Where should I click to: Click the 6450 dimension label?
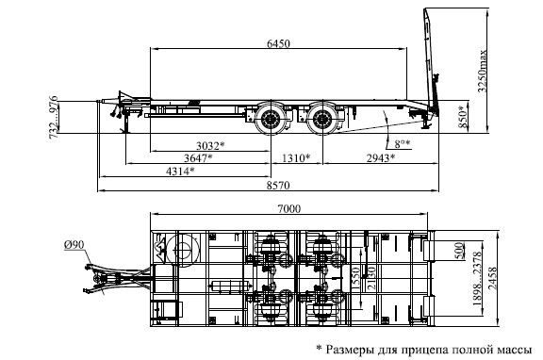click(278, 43)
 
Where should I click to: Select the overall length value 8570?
click(278, 186)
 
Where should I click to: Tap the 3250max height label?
click(482, 72)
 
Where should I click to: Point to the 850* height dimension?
click(463, 117)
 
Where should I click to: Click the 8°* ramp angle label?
click(403, 143)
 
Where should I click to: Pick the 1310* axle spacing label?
click(296, 158)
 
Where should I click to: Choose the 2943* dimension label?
click(381, 158)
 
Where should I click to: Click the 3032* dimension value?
click(210, 146)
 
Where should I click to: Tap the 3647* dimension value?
click(198, 158)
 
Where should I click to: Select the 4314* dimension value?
click(180, 171)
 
